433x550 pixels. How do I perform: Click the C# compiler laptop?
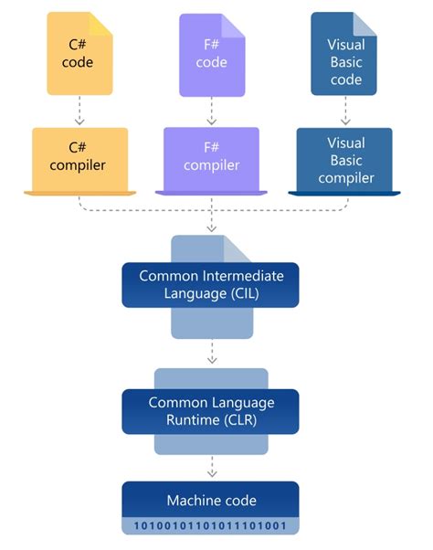pos(80,157)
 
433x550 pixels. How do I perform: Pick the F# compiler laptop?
pos(212,157)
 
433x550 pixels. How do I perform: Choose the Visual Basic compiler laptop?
pos(343,157)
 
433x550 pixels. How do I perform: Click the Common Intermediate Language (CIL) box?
pos(210,284)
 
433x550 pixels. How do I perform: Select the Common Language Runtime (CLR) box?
pos(210,411)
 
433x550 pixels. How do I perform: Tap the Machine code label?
pos(210,500)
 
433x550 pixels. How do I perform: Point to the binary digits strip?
pos(210,526)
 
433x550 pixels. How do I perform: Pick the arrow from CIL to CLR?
pos(212,352)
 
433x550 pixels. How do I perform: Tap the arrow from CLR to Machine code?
pos(212,468)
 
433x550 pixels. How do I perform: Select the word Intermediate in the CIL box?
pos(234,275)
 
